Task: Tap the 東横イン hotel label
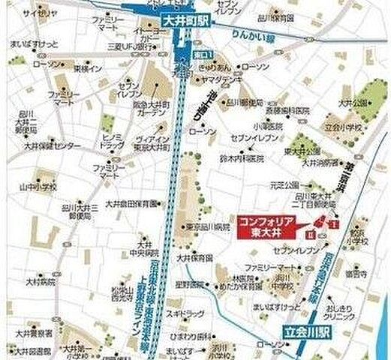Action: (87, 68)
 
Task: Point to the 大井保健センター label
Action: (53, 145)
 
